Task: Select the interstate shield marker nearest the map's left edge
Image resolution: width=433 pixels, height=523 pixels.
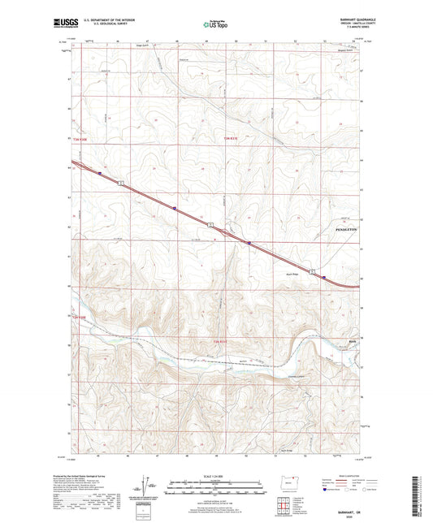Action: [x=100, y=173]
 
